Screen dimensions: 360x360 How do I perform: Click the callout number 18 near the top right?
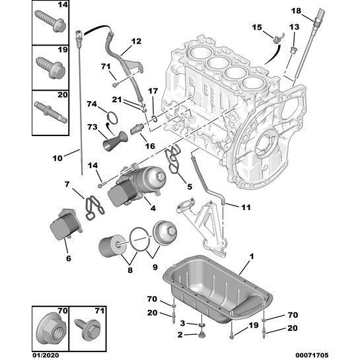click(296, 11)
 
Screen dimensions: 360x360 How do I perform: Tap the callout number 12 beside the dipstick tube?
click(136, 42)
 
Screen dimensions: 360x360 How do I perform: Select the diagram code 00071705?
click(312, 355)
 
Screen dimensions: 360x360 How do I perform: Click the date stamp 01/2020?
click(46, 355)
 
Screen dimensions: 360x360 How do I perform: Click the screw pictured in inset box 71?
click(88, 329)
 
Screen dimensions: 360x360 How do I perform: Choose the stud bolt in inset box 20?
click(50, 112)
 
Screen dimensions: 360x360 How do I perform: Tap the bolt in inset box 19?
click(50, 67)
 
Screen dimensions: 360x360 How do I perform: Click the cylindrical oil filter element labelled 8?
click(112, 246)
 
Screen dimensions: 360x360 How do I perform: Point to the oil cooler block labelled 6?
click(66, 224)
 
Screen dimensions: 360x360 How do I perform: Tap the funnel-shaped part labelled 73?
click(115, 141)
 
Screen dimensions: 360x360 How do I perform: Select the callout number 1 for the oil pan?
click(252, 257)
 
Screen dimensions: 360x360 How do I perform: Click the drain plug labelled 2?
click(201, 335)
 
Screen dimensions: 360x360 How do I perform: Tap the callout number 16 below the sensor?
click(150, 146)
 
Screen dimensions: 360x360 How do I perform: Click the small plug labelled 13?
click(293, 50)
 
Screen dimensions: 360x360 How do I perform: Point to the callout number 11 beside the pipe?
click(246, 207)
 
